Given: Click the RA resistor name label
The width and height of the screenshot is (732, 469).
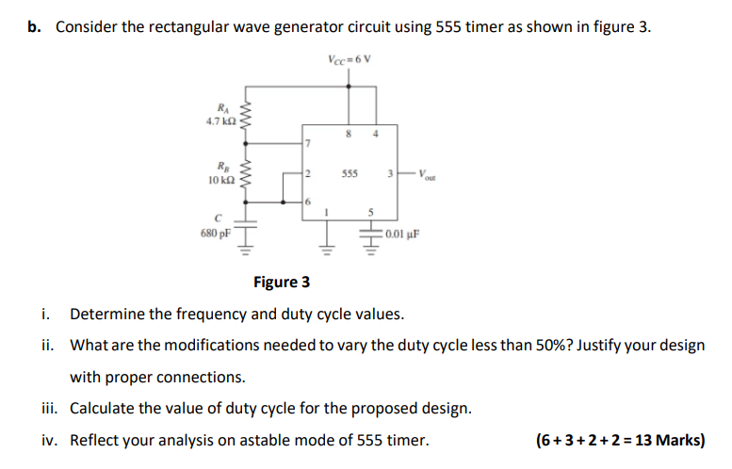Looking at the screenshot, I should tap(222, 108).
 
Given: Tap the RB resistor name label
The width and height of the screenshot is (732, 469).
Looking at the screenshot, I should tap(222, 165).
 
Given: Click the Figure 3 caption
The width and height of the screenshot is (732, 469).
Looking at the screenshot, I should tap(282, 282).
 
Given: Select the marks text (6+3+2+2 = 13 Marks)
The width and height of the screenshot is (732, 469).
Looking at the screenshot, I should tap(619, 440).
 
